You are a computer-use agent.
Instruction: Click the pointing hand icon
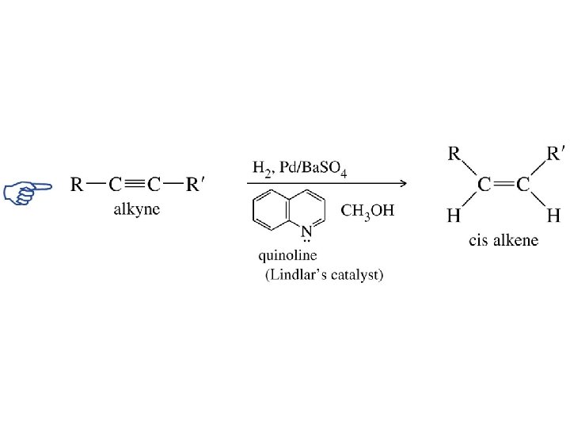coord(26,191)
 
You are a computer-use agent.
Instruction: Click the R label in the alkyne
coord(78,185)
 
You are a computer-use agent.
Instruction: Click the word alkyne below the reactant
coord(137,209)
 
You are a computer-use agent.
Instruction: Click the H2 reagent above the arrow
coord(262,168)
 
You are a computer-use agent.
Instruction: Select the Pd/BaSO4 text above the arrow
coord(311,169)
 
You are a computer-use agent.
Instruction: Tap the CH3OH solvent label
coord(367,212)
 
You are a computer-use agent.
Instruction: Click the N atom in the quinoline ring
coord(306,231)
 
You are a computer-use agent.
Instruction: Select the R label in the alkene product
coord(455,154)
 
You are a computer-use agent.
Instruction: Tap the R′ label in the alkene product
coord(557,154)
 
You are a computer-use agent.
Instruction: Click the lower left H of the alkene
coord(454,216)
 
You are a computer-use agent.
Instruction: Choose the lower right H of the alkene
coord(553,216)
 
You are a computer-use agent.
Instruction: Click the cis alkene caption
coord(503,240)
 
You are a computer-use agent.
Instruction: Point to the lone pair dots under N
coord(306,242)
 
